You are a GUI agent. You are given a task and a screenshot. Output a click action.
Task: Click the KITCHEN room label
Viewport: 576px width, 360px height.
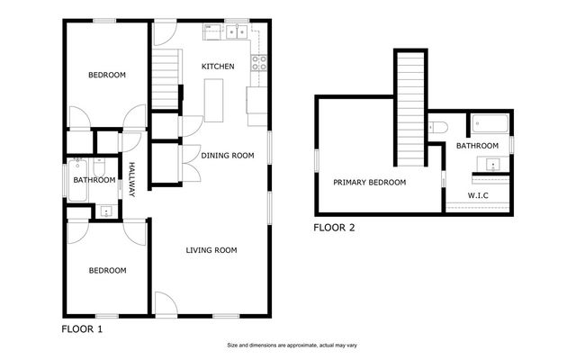pyautogui.click(x=218, y=67)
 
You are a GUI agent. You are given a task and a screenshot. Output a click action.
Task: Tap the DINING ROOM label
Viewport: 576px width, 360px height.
pyautogui.click(x=226, y=156)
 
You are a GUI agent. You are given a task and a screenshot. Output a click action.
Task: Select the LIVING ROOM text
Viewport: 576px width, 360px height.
pyautogui.click(x=211, y=250)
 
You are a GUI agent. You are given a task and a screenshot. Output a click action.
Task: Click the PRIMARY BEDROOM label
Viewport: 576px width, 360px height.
pyautogui.click(x=369, y=182)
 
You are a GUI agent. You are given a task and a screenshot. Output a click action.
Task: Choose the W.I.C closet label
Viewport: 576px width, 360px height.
pyautogui.click(x=478, y=194)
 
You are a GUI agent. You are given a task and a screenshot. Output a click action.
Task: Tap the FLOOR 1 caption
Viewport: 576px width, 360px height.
pyautogui.click(x=82, y=329)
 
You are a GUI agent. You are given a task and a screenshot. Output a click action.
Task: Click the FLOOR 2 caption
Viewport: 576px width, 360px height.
pyautogui.click(x=334, y=228)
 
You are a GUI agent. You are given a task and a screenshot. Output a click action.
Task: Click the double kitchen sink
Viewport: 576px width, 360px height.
pyautogui.click(x=237, y=32)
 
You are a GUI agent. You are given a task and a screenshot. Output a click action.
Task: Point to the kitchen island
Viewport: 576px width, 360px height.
pyautogui.click(x=213, y=99)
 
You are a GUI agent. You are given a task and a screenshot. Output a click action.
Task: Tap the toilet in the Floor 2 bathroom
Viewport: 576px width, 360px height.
pyautogui.click(x=436, y=127)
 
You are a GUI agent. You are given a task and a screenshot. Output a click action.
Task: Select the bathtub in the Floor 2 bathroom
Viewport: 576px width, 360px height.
pyautogui.click(x=489, y=124)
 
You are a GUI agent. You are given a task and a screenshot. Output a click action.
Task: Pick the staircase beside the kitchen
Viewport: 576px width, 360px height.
pyautogui.click(x=164, y=80)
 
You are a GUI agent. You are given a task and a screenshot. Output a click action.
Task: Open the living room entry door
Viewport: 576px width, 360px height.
pyautogui.click(x=166, y=303)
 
